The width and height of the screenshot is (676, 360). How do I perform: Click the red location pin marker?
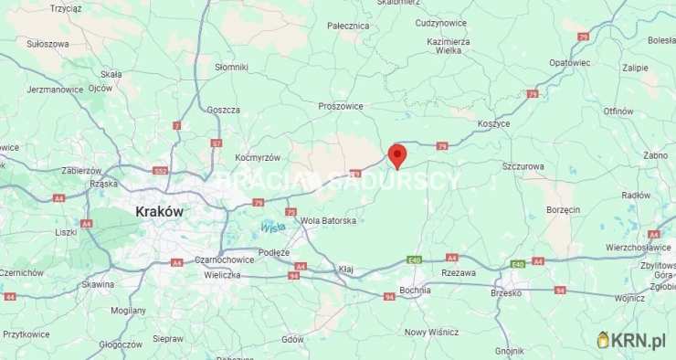point(396,155)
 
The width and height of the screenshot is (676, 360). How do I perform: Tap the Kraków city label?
point(159,211)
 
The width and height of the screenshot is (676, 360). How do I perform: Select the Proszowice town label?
point(341,106)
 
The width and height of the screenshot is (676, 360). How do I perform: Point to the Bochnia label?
point(415,290)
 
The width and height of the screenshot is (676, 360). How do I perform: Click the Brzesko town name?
point(505,293)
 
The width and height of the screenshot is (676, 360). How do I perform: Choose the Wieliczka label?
point(222,273)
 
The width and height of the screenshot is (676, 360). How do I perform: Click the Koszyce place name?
point(493,123)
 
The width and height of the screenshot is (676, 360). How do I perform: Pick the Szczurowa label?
point(523,166)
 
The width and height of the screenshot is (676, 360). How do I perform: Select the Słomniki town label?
point(231,67)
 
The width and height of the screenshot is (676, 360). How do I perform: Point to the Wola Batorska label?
point(328,220)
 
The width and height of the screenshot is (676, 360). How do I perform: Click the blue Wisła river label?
point(272,227)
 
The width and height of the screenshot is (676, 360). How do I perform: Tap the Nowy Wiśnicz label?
point(428,332)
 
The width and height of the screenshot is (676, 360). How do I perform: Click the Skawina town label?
point(97,284)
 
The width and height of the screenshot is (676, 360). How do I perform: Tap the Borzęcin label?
point(563,209)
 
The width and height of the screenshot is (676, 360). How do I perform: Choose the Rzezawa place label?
point(458,272)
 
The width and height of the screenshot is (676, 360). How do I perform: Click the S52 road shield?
point(161,171)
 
